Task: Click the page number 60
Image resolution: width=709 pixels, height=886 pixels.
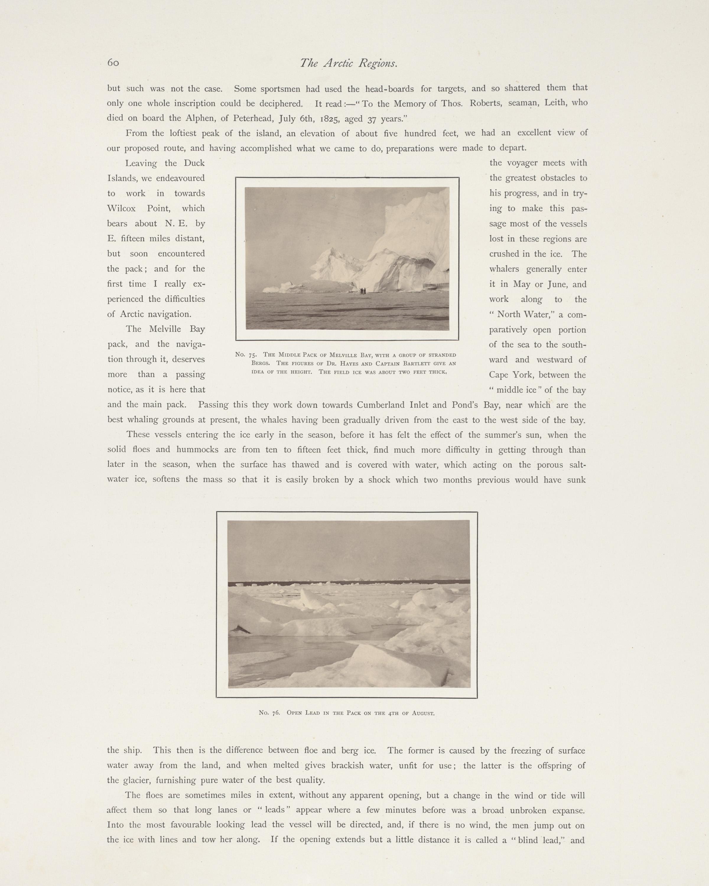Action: (113, 63)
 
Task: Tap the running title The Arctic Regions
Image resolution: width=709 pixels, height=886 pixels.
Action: (349, 63)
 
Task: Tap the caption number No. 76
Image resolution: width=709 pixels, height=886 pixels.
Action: (269, 713)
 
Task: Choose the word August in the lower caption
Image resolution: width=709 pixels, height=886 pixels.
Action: (423, 713)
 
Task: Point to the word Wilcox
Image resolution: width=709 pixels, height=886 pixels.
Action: (121, 208)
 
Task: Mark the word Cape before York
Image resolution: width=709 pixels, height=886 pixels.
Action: (498, 375)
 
